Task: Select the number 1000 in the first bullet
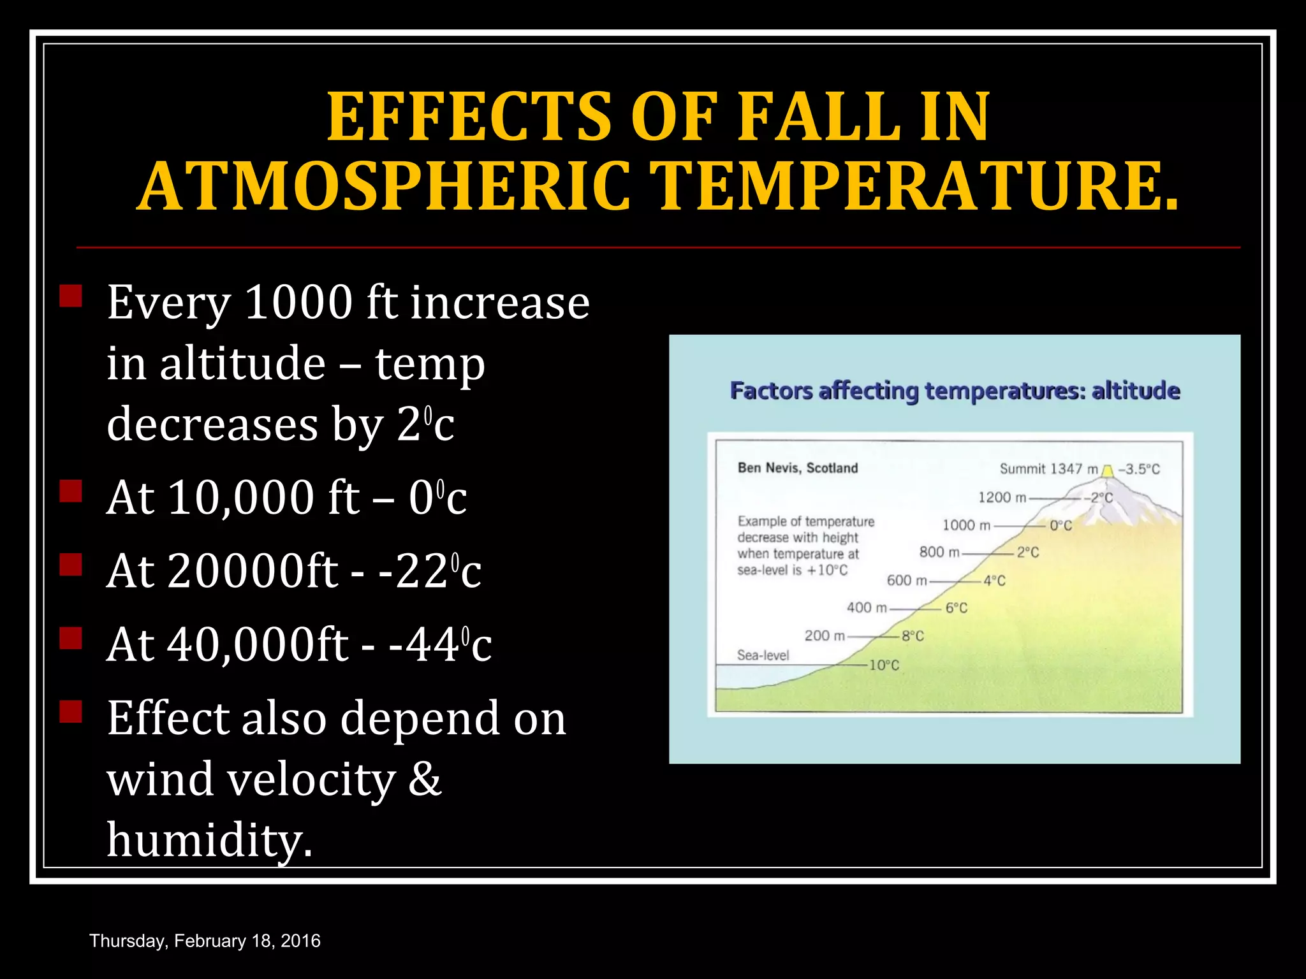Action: [298, 302]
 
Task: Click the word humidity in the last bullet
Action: [209, 840]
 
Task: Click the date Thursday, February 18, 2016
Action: [205, 941]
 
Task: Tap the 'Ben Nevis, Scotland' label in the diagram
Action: [797, 468]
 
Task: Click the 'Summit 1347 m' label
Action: [1048, 469]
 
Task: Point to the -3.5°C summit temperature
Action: [1139, 470]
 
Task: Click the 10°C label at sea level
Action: [884, 665]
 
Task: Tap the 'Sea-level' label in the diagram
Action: [763, 655]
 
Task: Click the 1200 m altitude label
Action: [1002, 497]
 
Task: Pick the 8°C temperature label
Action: [913, 636]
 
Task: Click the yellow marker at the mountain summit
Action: [1108, 471]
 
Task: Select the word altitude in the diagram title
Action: [1136, 391]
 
